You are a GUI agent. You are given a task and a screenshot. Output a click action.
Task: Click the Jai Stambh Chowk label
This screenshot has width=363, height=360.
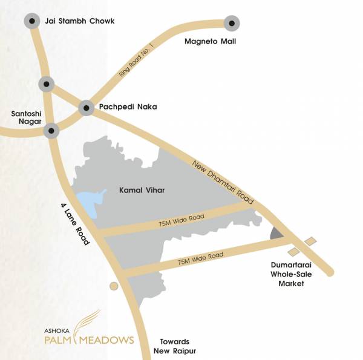coord(80,22)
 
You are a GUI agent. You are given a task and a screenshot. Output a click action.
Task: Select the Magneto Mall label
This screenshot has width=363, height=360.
coord(210,42)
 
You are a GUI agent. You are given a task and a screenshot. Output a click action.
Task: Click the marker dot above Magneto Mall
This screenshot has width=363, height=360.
coord(231,24)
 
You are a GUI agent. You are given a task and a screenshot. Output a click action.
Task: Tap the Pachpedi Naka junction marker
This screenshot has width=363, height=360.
coord(87,108)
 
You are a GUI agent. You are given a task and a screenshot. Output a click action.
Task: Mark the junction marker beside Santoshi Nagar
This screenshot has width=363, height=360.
coord(52,129)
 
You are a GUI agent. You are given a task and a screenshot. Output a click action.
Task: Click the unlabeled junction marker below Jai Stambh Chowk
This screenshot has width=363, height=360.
coord(46,83)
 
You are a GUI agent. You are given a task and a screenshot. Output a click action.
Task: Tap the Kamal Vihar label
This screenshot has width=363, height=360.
coord(142,191)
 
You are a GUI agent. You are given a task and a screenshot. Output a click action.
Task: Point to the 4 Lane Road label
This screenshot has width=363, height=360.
coord(75,224)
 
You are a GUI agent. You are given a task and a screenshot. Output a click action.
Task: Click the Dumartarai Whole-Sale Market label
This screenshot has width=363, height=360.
coord(294,273)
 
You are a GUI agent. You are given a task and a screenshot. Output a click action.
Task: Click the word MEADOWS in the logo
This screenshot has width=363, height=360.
coord(110,339)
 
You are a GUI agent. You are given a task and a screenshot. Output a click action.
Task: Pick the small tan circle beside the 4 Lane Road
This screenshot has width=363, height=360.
coord(113,286)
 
